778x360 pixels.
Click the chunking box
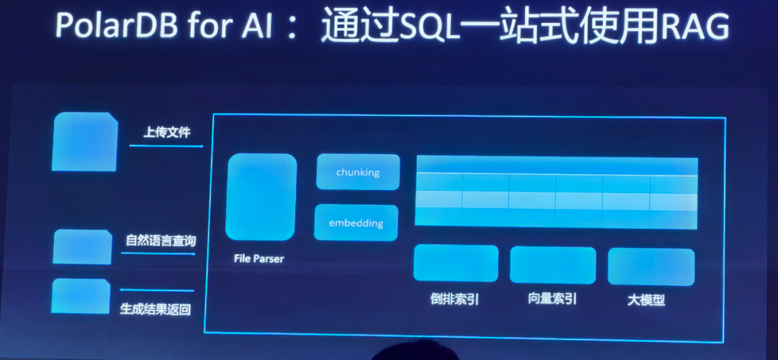click(357, 172)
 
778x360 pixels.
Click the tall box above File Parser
click(261, 196)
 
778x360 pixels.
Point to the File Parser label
click(259, 258)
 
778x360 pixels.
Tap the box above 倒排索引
click(455, 263)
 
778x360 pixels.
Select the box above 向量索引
click(553, 264)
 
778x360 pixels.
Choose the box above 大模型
click(650, 266)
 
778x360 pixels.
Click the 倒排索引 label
click(455, 299)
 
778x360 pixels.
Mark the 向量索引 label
click(552, 299)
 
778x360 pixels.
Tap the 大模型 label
click(646, 300)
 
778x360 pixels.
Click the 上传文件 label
click(166, 133)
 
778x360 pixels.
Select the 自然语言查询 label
click(161, 240)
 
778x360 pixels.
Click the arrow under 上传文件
click(166, 147)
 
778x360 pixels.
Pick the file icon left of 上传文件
click(85, 142)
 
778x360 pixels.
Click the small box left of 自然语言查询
click(82, 247)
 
